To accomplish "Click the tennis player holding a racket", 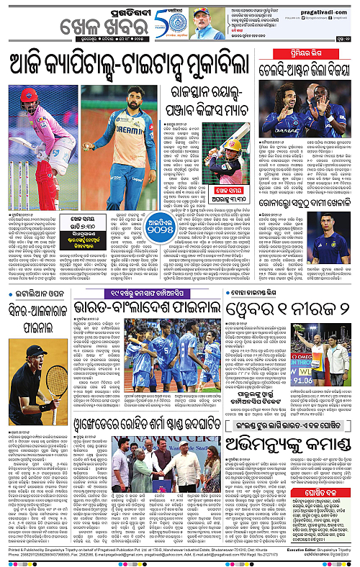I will pos(30,396).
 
